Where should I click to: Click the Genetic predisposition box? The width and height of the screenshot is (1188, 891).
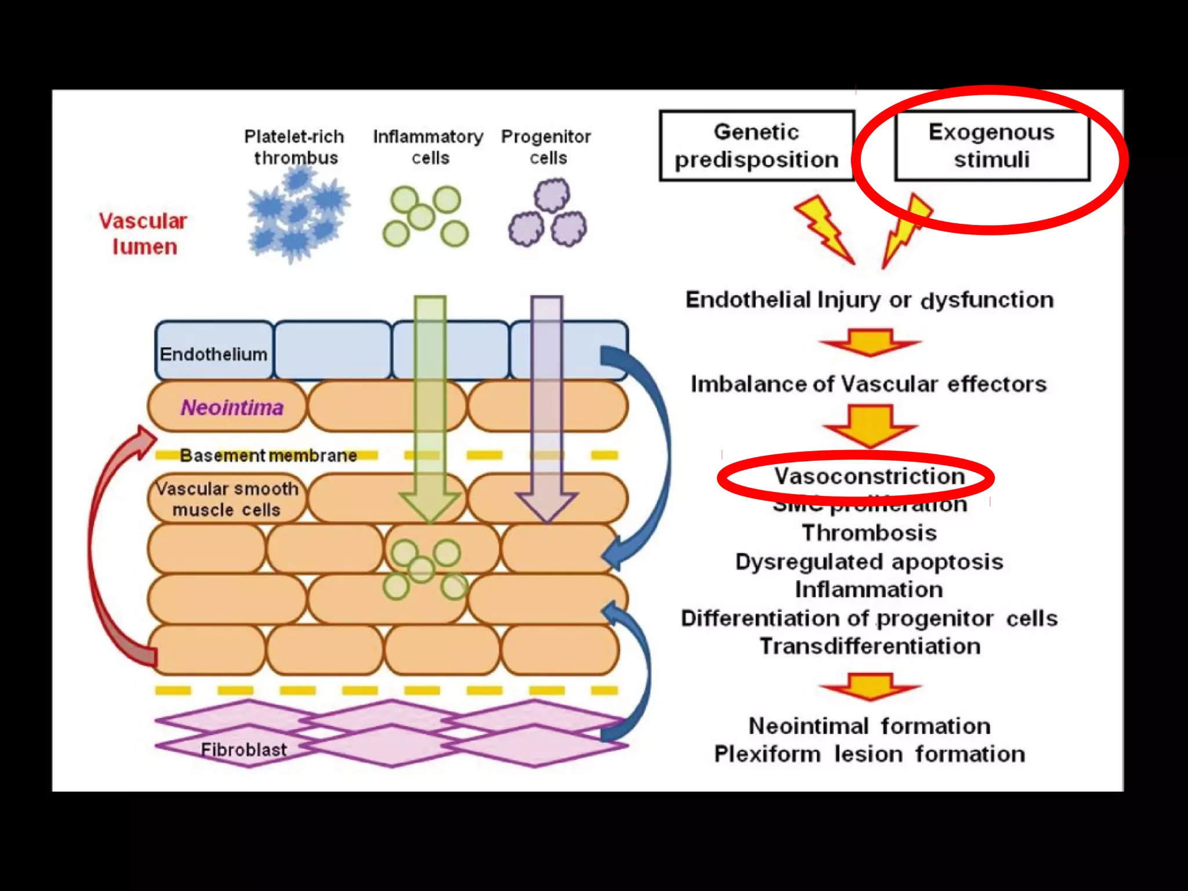click(x=756, y=146)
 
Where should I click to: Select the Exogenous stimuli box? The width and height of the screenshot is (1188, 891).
click(x=991, y=146)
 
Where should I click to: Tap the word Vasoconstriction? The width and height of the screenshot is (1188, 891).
click(x=869, y=476)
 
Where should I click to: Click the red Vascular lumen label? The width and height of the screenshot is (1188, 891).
click(x=143, y=234)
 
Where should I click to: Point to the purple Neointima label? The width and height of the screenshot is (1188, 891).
click(x=232, y=407)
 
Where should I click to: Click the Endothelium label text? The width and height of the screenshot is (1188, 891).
click(x=213, y=354)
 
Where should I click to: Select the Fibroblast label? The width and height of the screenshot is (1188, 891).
click(x=244, y=749)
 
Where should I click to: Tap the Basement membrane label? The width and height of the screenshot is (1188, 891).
click(x=268, y=455)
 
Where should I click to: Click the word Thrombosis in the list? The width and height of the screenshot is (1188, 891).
click(x=869, y=533)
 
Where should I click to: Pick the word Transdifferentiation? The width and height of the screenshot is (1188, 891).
click(x=870, y=646)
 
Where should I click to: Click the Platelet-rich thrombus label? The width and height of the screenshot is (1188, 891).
click(x=294, y=147)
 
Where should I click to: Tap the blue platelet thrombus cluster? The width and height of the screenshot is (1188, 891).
click(x=298, y=215)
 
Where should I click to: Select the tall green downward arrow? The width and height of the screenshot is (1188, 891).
click(x=430, y=406)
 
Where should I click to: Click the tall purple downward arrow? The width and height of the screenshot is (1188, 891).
click(x=547, y=406)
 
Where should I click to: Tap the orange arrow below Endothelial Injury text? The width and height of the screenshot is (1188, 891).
click(x=870, y=342)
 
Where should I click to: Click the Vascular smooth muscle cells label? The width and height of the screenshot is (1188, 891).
click(x=227, y=499)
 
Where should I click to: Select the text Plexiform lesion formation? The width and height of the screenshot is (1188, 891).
click(x=869, y=754)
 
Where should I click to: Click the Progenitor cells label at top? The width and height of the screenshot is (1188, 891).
click(x=546, y=147)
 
